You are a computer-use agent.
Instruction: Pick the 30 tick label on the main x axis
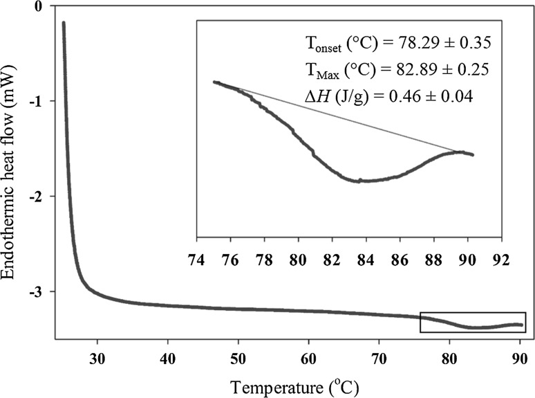[97, 359]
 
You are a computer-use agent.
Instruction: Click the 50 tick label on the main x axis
[238, 359]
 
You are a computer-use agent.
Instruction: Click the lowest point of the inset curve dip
[361, 181]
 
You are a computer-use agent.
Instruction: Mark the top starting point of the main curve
[64, 23]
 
